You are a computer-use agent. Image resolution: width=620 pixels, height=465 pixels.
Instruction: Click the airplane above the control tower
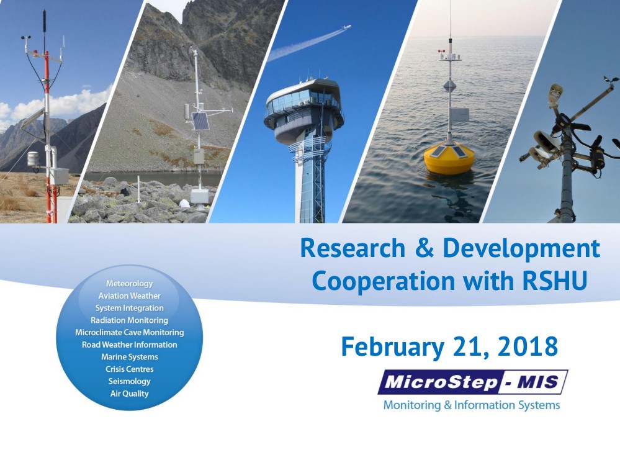346,27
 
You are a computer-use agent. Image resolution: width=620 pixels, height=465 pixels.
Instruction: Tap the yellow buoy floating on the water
449,158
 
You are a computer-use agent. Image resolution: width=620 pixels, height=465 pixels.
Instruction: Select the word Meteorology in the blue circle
129,284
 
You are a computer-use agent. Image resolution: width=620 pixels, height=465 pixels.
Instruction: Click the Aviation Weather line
129,296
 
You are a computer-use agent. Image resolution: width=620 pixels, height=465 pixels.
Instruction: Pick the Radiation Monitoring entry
129,320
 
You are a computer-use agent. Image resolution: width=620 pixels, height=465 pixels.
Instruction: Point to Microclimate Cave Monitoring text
129,333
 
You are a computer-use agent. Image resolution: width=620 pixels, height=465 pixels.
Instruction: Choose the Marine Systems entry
129,357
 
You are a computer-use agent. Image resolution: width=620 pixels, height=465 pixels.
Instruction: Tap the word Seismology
129,382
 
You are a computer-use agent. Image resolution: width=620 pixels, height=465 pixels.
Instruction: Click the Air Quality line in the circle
129,394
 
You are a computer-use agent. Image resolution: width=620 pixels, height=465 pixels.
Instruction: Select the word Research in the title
353,249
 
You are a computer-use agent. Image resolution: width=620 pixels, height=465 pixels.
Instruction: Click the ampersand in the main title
424,249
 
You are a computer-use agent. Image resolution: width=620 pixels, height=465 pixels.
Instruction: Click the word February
392,348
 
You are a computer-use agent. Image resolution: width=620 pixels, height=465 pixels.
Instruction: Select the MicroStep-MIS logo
472,382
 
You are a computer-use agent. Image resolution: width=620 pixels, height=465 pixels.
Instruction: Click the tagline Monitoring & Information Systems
472,405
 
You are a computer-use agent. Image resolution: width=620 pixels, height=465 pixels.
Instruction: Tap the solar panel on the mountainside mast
200,121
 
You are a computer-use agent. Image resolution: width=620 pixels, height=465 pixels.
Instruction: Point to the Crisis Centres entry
129,369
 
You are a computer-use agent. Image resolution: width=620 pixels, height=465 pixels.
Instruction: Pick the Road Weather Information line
129,345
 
